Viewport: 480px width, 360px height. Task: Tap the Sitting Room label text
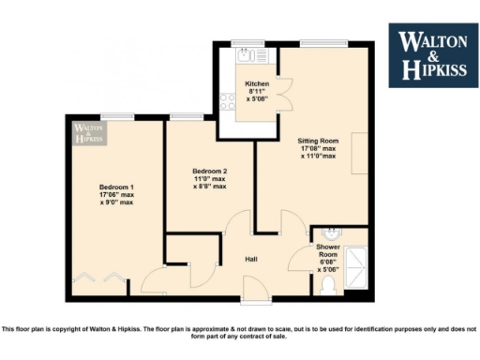point(318,139)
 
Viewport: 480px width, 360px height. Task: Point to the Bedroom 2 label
point(210,171)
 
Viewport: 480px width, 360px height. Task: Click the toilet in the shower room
point(328,282)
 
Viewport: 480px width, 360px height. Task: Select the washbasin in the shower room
point(329,232)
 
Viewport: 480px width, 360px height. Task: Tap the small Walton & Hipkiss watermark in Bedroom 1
point(88,132)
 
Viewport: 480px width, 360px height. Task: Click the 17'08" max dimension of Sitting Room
point(319,147)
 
